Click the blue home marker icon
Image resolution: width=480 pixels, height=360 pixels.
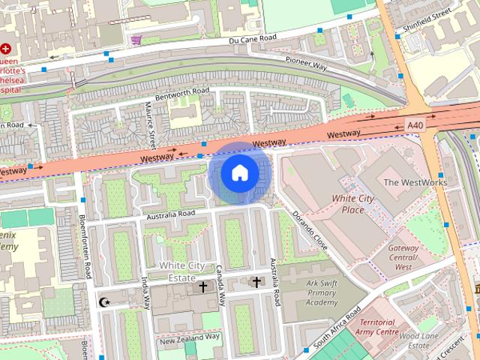pyautogui.click(x=239, y=173)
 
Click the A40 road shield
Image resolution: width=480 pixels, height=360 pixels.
pyautogui.click(x=415, y=124)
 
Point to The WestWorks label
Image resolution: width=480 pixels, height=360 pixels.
pyautogui.click(x=415, y=182)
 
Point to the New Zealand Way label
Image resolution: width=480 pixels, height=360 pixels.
pyautogui.click(x=189, y=337)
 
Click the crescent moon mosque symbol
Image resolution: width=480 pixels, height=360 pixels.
pyautogui.click(x=103, y=302)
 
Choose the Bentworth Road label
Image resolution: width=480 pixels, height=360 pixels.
pyautogui.click(x=181, y=94)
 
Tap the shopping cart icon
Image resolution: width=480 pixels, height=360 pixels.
pyautogui.click(x=136, y=40)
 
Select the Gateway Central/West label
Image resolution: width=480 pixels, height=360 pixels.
pyautogui.click(x=403, y=257)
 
